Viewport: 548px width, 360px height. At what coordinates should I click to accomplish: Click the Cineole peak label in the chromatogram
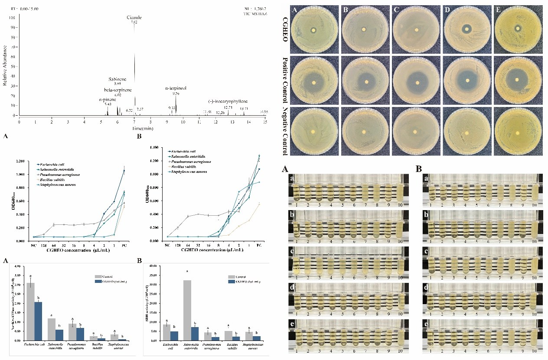134,17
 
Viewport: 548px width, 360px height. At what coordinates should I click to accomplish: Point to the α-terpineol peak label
176,88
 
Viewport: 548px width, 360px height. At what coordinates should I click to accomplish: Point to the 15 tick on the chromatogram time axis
265,122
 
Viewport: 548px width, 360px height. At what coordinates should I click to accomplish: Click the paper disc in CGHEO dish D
467,29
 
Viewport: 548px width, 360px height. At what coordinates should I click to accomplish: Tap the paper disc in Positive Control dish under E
517,80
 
